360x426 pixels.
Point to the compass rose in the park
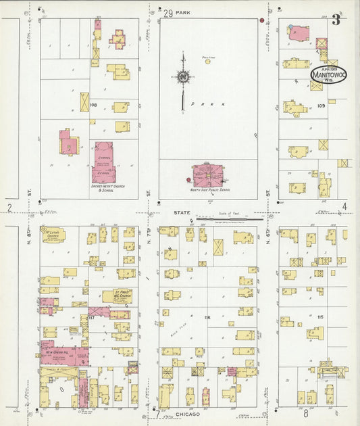182,78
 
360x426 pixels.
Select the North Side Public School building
208,174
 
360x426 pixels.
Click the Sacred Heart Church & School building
103,162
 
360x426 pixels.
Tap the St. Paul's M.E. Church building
118,296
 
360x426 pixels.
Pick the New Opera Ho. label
57,352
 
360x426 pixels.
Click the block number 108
93,105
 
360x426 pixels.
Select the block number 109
322,105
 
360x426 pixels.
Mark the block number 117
91,317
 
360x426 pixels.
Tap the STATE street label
182,212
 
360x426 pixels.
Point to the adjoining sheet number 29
168,11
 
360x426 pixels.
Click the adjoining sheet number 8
305,412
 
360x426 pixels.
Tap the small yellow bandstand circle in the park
208,62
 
